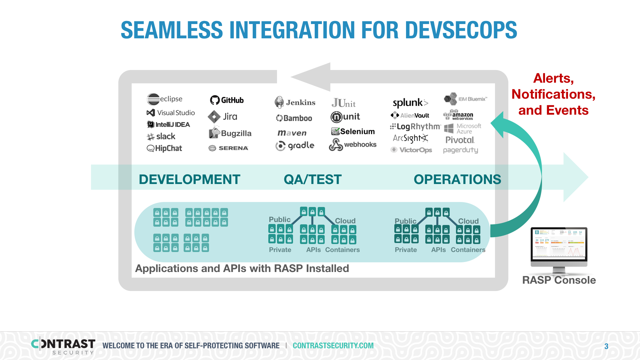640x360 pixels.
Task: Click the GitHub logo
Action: click(x=227, y=100)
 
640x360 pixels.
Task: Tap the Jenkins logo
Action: click(x=295, y=102)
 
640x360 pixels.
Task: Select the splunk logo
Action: click(x=410, y=103)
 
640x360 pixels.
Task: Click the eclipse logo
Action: click(x=165, y=99)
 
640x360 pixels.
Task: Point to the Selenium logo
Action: click(x=353, y=131)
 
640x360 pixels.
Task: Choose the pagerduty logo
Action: click(x=460, y=150)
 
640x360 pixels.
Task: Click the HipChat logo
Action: click(x=164, y=148)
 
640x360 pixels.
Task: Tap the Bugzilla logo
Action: click(x=230, y=133)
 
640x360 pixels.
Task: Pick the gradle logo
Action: click(x=295, y=146)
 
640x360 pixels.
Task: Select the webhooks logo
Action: click(x=353, y=145)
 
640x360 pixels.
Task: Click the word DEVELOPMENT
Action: click(x=189, y=179)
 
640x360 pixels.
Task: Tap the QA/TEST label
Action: click(x=313, y=179)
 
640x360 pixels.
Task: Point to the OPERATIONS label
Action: click(x=457, y=179)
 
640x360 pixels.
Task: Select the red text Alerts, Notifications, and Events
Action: click(x=553, y=94)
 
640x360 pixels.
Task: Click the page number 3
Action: click(x=606, y=346)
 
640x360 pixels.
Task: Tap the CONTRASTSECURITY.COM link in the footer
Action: click(x=333, y=346)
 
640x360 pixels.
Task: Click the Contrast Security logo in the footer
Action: click(x=63, y=346)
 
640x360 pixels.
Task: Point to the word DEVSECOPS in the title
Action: click(x=461, y=30)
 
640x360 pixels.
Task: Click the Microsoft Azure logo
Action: click(x=463, y=128)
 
